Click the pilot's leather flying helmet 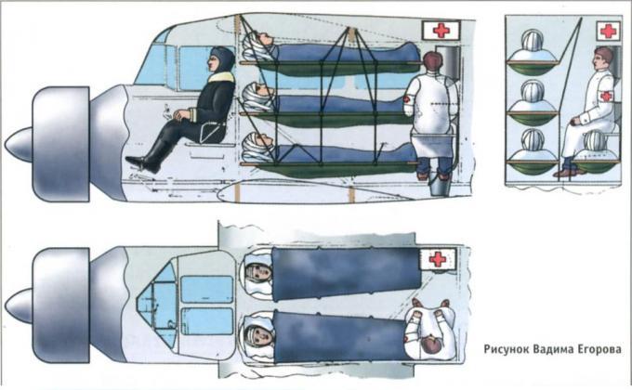click(222, 59)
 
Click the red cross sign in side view click(441, 31)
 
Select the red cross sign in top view click(438, 259)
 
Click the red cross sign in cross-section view click(608, 31)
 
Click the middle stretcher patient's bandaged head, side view click(258, 96)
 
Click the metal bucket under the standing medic click(440, 185)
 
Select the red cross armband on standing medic click(408, 99)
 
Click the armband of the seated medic click(605, 96)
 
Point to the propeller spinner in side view click(19, 144)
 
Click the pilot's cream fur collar click(222, 77)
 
